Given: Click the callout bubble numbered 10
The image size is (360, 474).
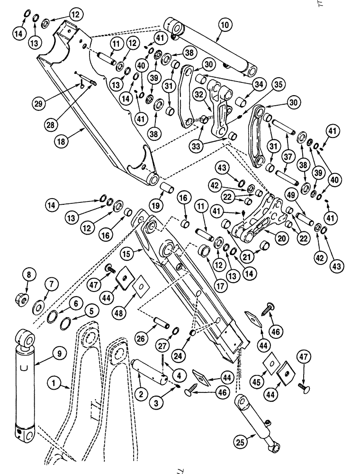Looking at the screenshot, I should (x=224, y=24).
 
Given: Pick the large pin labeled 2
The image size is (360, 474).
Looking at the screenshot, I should (x=148, y=374).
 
